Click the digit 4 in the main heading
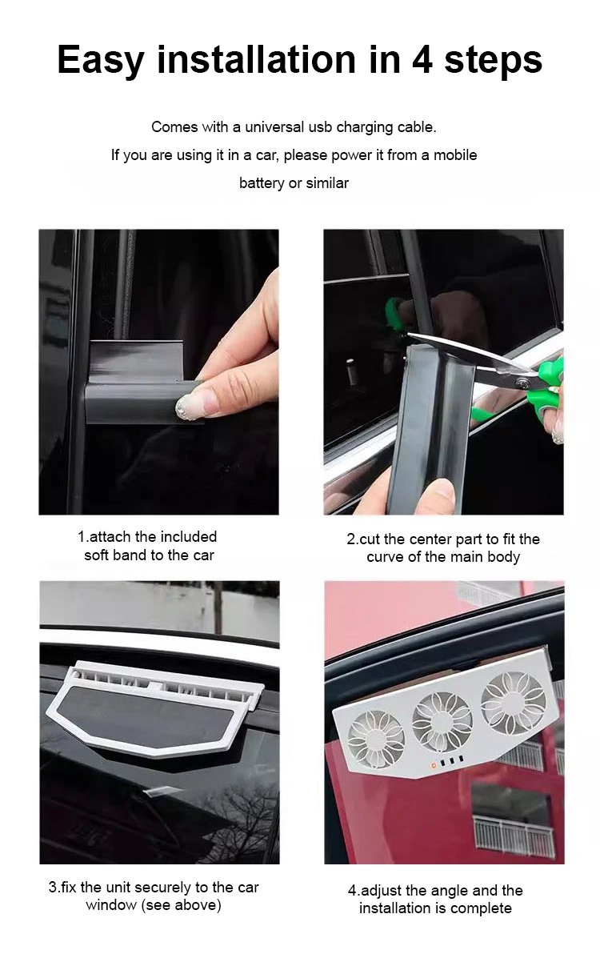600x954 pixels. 422,59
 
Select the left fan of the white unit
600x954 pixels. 376,739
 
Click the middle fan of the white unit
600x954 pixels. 442,720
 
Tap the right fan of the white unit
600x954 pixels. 513,702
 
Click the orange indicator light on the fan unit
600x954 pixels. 434,764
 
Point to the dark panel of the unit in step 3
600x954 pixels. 155,718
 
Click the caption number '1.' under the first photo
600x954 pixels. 83,536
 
